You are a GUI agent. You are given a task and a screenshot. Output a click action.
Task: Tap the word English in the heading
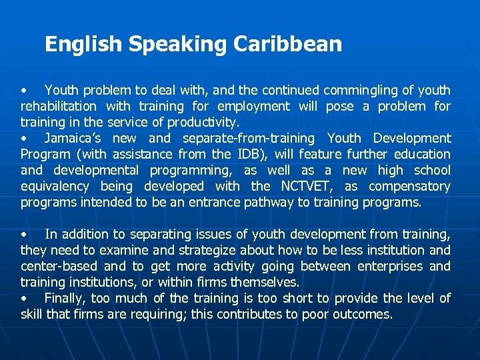tap(83, 45)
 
